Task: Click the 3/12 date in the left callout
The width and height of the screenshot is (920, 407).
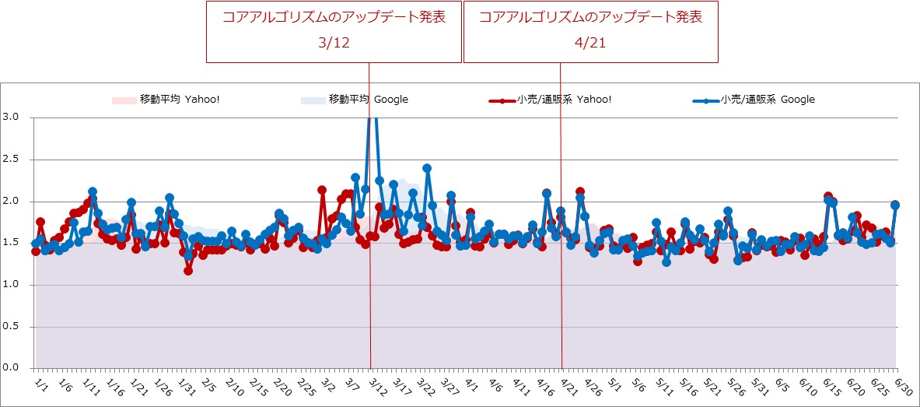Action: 334,44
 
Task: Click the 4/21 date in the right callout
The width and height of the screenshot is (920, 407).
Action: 589,44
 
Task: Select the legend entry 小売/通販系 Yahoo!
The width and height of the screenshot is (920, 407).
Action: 552,100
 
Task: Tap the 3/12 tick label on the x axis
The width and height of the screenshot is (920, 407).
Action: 377,386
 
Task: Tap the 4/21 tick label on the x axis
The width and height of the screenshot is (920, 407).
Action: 568,386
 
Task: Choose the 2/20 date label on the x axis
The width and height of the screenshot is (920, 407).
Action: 282,386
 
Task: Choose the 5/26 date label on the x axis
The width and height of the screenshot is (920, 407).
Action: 735,386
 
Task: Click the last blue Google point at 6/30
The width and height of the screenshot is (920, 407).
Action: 895,205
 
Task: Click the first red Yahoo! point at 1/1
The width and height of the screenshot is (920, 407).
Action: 36,251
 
